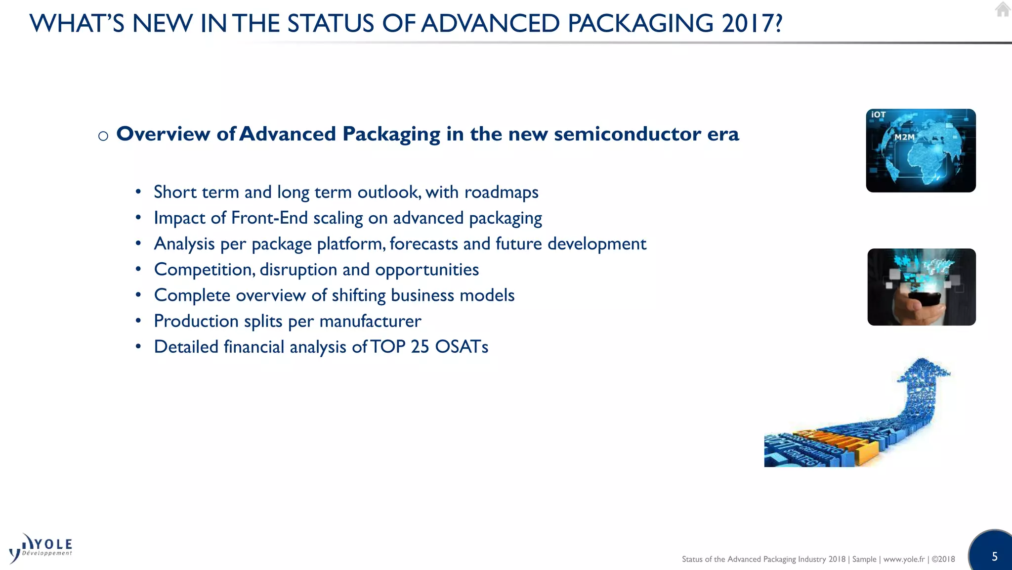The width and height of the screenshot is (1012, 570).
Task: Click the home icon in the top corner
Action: pyautogui.click(x=1003, y=9)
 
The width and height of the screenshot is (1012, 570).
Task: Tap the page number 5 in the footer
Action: pyautogui.click(x=994, y=557)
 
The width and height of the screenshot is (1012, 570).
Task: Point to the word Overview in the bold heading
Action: pyautogui.click(x=163, y=134)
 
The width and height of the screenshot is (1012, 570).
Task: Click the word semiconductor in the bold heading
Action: pyautogui.click(x=627, y=134)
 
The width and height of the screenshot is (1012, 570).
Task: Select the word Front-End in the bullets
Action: pyautogui.click(x=269, y=218)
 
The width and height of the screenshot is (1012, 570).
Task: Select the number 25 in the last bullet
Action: pyautogui.click(x=420, y=347)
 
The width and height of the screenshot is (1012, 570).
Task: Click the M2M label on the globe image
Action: pyautogui.click(x=904, y=137)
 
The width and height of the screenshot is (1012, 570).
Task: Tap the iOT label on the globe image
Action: pyautogui.click(x=878, y=115)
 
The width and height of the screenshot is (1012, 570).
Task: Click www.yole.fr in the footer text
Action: pyautogui.click(x=904, y=559)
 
